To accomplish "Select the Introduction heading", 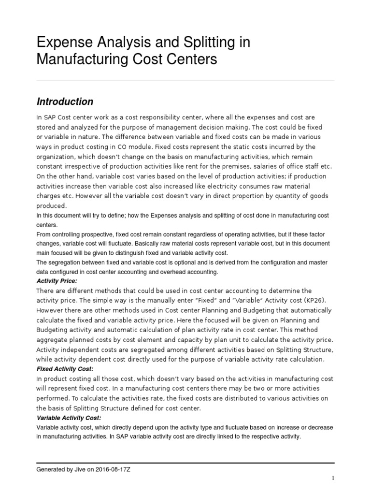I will click(65, 102).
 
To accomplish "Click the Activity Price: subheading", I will click(57, 281).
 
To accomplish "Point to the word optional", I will click(180, 262).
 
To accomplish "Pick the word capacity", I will click(205, 339).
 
